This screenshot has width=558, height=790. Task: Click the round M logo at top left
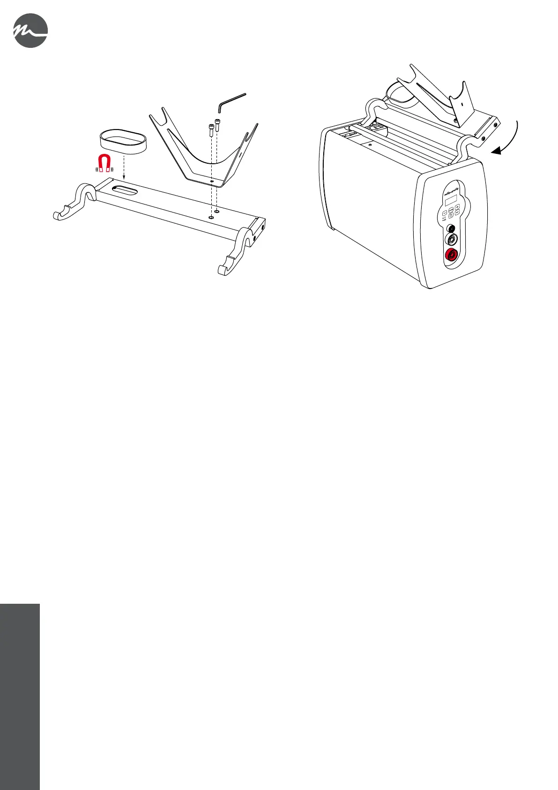tap(30, 30)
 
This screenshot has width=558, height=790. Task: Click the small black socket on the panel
tap(451, 228)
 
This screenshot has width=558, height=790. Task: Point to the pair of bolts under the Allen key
tap(214, 128)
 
